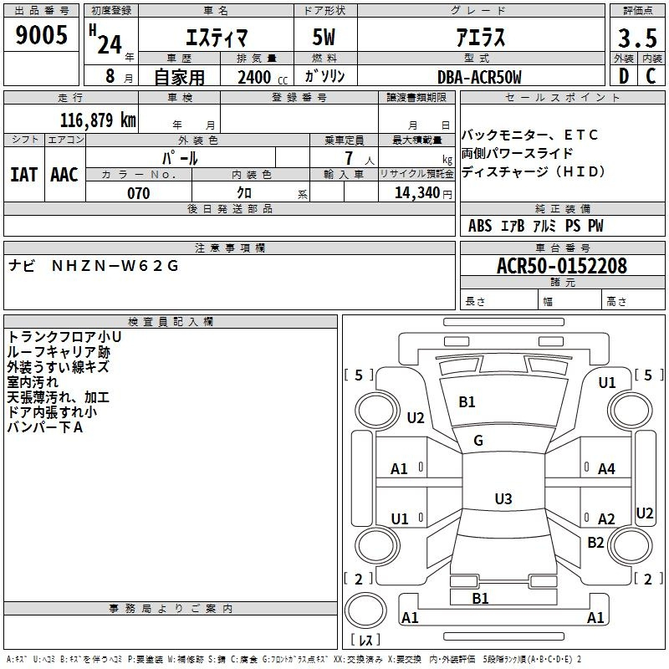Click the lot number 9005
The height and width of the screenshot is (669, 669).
41,34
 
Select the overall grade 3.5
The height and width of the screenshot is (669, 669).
637,38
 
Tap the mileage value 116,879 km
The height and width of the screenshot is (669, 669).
98,120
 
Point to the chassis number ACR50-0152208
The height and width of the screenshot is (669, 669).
562,266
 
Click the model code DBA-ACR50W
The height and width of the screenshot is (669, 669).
479,77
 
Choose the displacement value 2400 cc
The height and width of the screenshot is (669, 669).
263,77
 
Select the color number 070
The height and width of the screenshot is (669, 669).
139,193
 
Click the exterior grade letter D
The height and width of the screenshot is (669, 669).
624,76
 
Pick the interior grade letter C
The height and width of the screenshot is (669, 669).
651,76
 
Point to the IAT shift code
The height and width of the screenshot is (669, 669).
24,175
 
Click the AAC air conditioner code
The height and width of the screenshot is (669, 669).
64,175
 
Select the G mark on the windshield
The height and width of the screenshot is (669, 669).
478,441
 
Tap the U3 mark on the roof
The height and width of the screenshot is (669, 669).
503,498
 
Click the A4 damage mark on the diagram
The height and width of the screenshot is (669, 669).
606,469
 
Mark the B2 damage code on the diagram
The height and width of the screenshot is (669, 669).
595,542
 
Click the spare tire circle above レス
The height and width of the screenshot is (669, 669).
365,610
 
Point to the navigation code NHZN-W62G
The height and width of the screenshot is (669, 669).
115,266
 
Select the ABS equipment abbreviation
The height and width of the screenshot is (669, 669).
480,226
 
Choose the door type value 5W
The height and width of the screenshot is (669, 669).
324,37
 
